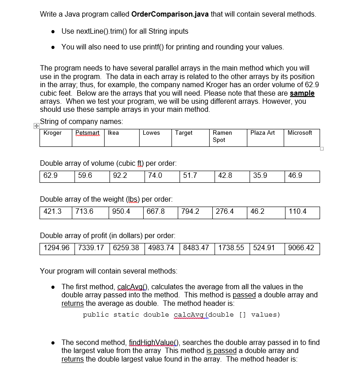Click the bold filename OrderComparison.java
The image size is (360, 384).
click(x=170, y=14)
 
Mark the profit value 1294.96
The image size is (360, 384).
click(x=57, y=248)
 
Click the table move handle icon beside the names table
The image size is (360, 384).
click(x=36, y=126)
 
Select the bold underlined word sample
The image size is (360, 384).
click(x=302, y=93)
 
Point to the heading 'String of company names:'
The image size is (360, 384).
click(x=81, y=121)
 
